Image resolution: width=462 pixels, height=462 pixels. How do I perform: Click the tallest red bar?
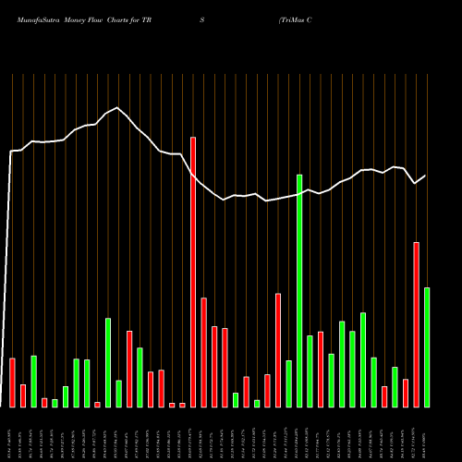(x=193, y=272)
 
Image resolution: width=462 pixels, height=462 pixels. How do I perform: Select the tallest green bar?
(x=299, y=290)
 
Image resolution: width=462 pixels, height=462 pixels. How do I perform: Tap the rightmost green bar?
(x=427, y=346)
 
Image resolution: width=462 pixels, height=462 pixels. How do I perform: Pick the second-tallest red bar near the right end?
(x=417, y=324)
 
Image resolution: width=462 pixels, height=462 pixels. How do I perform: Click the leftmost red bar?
(x=12, y=382)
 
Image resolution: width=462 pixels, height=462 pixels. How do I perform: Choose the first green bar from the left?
(x=33, y=381)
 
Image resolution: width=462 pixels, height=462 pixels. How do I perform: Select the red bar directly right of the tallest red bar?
(x=203, y=352)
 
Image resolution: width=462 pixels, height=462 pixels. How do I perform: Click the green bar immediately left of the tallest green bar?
(x=288, y=383)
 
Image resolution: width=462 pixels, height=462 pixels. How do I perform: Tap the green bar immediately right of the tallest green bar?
(x=310, y=371)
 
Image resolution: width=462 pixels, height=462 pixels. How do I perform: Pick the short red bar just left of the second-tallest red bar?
(x=406, y=393)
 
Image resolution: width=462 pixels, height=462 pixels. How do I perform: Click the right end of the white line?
(x=426, y=176)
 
